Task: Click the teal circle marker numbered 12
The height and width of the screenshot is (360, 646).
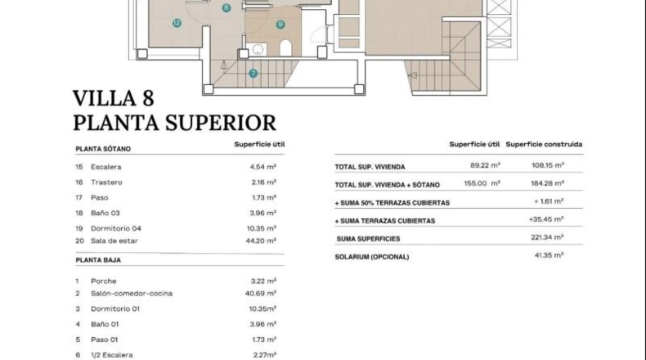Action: click(x=177, y=23)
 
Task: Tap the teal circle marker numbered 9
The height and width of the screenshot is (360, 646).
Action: click(x=280, y=25)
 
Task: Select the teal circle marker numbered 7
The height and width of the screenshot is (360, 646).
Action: click(x=253, y=74)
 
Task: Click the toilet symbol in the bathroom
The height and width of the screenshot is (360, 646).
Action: click(x=285, y=48)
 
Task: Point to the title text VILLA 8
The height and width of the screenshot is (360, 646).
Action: click(x=114, y=98)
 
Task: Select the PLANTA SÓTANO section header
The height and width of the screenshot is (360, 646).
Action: click(x=103, y=149)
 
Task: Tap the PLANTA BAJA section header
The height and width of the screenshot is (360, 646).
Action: click(x=98, y=260)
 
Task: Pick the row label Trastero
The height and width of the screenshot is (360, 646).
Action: click(x=106, y=182)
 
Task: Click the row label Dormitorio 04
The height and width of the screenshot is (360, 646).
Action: click(x=116, y=228)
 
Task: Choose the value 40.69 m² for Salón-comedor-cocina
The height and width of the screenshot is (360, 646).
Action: click(x=260, y=294)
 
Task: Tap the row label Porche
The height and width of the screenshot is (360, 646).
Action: click(x=103, y=281)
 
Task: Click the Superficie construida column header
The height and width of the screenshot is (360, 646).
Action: click(x=544, y=144)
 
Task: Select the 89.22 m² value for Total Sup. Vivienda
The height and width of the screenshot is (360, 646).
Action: click(x=485, y=165)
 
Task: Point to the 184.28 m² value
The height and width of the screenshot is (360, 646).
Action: click(x=547, y=183)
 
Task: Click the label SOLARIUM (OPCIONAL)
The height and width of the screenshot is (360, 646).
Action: click(x=371, y=257)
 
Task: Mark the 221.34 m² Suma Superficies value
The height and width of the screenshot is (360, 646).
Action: click(x=547, y=237)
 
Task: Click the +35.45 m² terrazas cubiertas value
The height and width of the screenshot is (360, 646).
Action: click(x=546, y=219)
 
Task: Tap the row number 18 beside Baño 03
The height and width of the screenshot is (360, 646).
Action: click(x=79, y=214)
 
